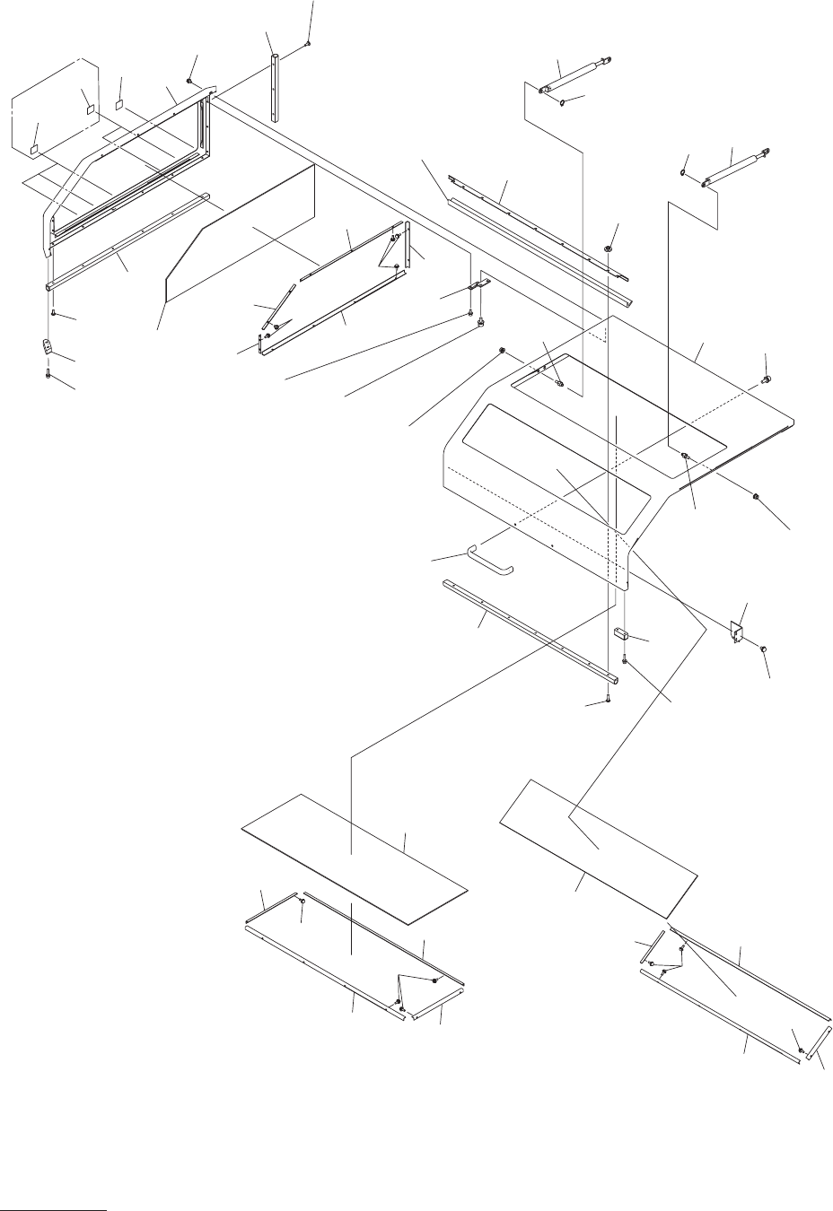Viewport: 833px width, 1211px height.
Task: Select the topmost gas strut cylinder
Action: (x=574, y=75)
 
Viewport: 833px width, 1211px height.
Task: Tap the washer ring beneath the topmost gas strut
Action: (x=562, y=103)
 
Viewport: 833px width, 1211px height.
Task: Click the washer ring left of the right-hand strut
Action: (x=684, y=173)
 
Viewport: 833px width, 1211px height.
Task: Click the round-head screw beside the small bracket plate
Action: (x=763, y=648)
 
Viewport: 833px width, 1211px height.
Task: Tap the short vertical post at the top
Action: (x=273, y=86)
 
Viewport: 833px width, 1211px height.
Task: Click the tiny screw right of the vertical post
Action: (x=308, y=42)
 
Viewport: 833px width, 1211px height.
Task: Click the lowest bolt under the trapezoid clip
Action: (x=47, y=376)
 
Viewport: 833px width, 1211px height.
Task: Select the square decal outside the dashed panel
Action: (x=120, y=104)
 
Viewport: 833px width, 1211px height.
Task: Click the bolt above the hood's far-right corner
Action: (x=765, y=379)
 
